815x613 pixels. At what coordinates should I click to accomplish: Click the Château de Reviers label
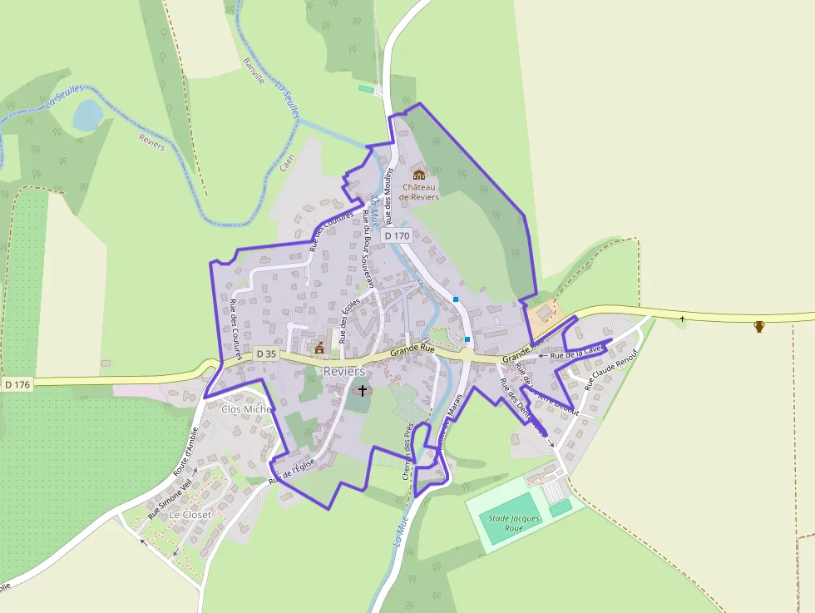418,192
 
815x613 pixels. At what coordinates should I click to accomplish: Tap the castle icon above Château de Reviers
418,175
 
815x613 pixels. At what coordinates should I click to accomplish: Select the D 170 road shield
397,236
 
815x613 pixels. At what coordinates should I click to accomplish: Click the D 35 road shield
266,353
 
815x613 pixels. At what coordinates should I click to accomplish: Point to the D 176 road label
17,384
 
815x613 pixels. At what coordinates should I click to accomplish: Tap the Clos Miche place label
246,409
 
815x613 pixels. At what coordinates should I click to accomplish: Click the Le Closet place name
190,515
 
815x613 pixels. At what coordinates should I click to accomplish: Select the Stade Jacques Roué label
514,523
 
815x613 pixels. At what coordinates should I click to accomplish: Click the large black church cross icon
362,390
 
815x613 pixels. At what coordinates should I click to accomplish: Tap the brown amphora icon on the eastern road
758,326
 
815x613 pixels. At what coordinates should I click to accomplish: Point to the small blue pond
86,115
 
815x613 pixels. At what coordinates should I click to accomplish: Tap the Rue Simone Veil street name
170,499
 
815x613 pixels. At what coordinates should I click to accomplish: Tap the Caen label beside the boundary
287,162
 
